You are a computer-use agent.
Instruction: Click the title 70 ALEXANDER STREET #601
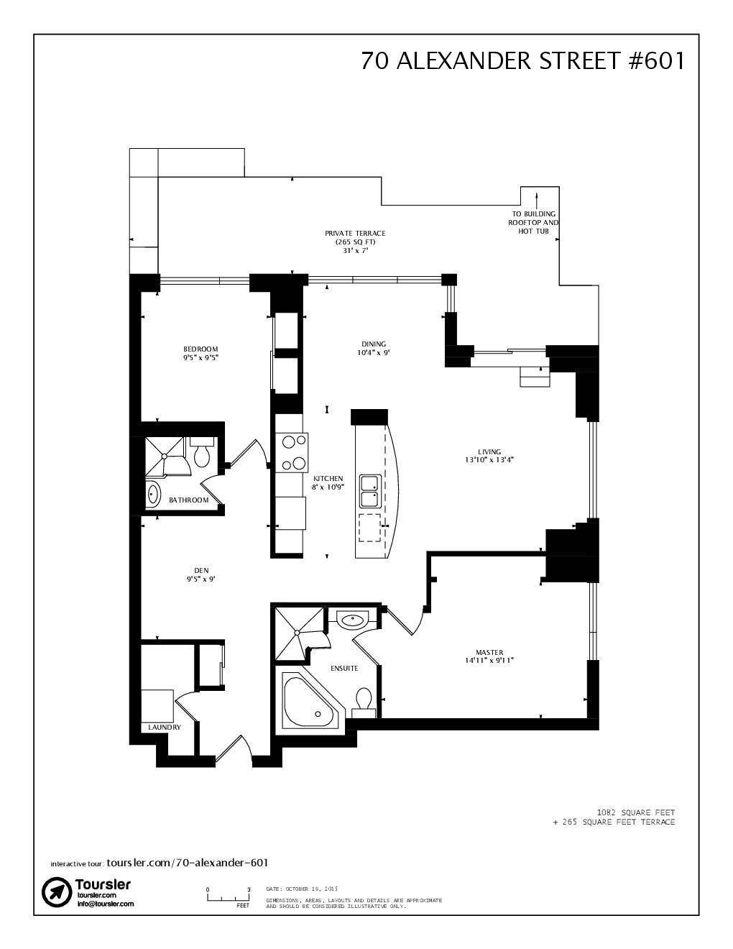(x=522, y=61)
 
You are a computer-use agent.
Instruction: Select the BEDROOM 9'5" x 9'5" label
(x=200, y=353)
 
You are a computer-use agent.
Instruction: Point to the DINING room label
(x=374, y=348)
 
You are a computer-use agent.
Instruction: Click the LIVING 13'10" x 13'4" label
(x=489, y=456)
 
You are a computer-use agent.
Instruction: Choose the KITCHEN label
(x=328, y=482)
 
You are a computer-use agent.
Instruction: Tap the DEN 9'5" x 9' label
(x=201, y=574)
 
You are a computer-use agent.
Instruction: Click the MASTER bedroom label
(x=489, y=656)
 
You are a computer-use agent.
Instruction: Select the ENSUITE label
(x=344, y=669)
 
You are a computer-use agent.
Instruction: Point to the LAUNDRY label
(x=165, y=728)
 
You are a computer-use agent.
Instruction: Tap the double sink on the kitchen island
(x=370, y=492)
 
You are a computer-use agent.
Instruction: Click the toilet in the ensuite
(x=364, y=701)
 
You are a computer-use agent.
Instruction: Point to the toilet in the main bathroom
(x=201, y=452)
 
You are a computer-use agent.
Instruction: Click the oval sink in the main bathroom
(x=152, y=495)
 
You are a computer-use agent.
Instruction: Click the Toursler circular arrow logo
(x=56, y=892)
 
